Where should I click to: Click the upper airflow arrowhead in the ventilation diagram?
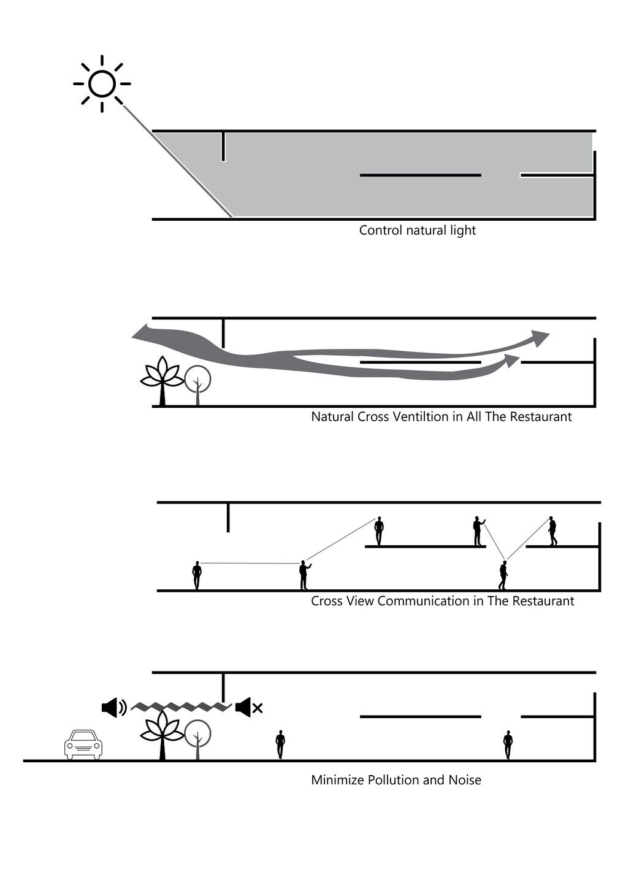click(x=540, y=338)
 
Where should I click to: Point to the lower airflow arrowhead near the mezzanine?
click(x=511, y=361)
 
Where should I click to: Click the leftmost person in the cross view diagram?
click(x=197, y=576)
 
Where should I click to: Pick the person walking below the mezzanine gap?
click(x=503, y=575)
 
